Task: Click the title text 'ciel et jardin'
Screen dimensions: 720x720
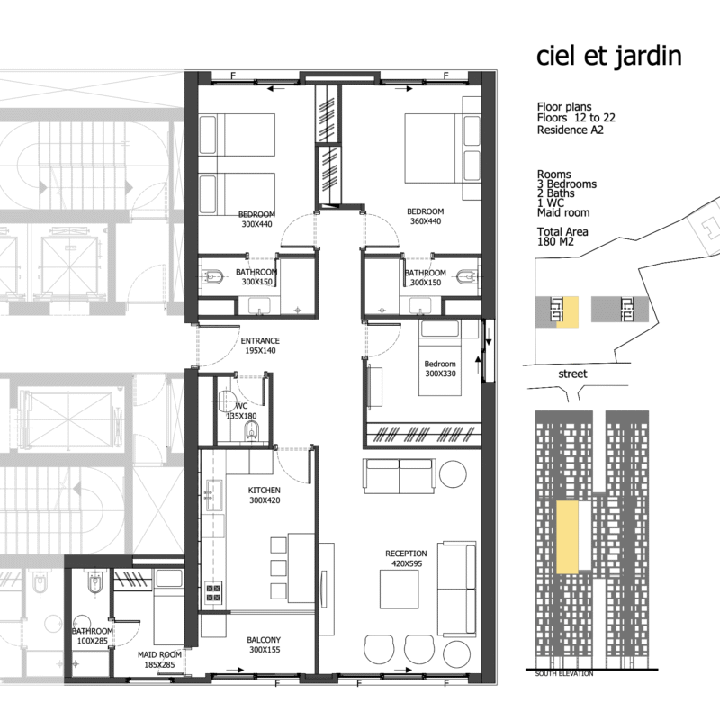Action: pyautogui.click(x=609, y=57)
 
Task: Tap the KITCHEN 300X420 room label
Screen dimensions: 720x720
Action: pyautogui.click(x=265, y=495)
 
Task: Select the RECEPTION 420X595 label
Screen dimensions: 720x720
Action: pyautogui.click(x=407, y=558)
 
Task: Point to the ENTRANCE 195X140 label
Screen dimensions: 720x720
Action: pyautogui.click(x=260, y=346)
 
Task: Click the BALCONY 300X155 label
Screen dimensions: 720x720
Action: pyautogui.click(x=264, y=644)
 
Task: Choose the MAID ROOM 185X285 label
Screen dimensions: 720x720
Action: pyautogui.click(x=159, y=660)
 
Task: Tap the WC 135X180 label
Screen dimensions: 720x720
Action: pyautogui.click(x=241, y=411)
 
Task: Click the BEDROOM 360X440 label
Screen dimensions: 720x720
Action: pyautogui.click(x=426, y=216)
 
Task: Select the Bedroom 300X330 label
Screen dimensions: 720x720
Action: pyautogui.click(x=440, y=369)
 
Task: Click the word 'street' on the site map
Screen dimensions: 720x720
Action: pyautogui.click(x=572, y=373)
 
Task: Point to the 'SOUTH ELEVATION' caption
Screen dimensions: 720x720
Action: pyautogui.click(x=564, y=673)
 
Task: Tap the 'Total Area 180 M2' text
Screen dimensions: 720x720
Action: pyautogui.click(x=562, y=237)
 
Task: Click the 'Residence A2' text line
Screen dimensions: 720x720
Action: pyautogui.click(x=571, y=130)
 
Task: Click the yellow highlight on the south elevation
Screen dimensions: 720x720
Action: pyautogui.click(x=567, y=537)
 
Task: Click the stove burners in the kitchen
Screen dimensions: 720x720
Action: pyautogui.click(x=213, y=592)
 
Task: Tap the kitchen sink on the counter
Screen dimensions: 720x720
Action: pyautogui.click(x=214, y=495)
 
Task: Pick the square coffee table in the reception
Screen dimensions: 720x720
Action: pyautogui.click(x=399, y=589)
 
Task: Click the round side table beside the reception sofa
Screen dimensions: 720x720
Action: pyautogui.click(x=453, y=473)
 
